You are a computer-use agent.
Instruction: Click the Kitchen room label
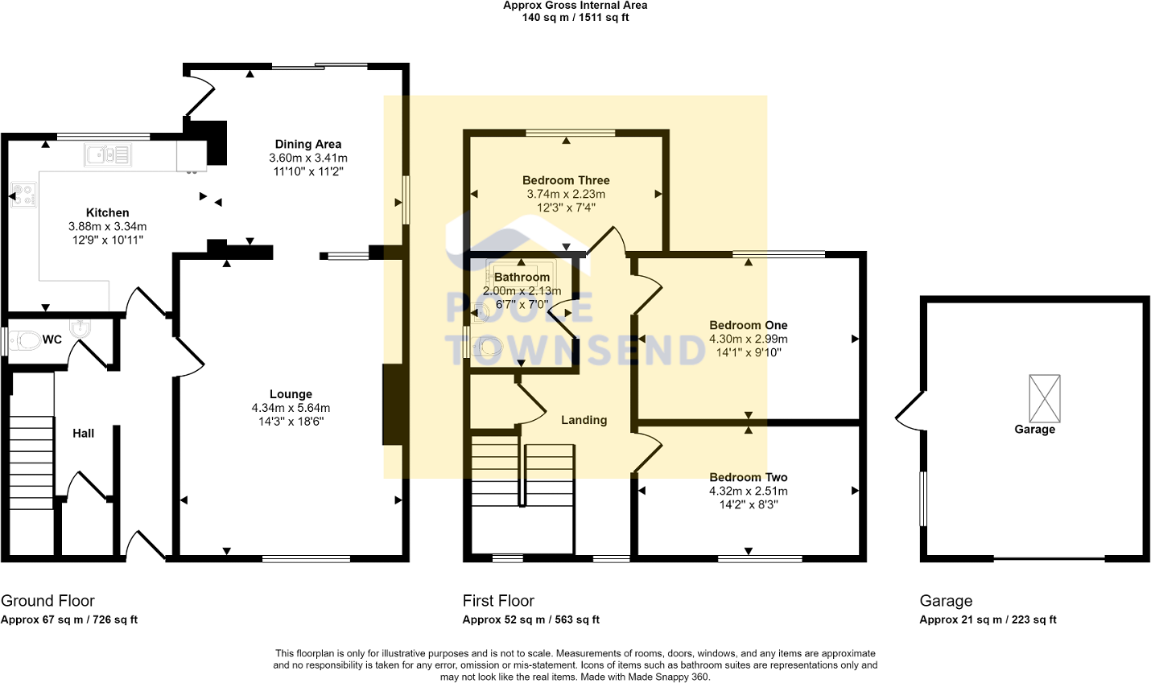107,212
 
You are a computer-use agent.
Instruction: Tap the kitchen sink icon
107,154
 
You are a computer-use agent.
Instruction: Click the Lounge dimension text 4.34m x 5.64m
291,408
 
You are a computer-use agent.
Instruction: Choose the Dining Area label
307,144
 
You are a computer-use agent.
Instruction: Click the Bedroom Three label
566,180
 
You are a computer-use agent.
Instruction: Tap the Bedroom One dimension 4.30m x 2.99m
748,339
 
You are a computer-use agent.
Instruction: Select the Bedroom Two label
748,477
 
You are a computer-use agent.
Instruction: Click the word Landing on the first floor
584,420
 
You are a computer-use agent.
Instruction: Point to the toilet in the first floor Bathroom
489,347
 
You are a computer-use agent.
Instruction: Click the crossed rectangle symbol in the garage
1045,397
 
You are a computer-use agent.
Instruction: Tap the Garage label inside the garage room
1034,430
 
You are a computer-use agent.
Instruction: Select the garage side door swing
910,410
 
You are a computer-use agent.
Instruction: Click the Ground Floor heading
47,601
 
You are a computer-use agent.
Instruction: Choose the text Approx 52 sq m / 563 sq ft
530,619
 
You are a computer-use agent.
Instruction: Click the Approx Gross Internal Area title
575,6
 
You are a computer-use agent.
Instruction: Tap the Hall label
83,433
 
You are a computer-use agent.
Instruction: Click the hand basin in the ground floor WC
80,328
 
